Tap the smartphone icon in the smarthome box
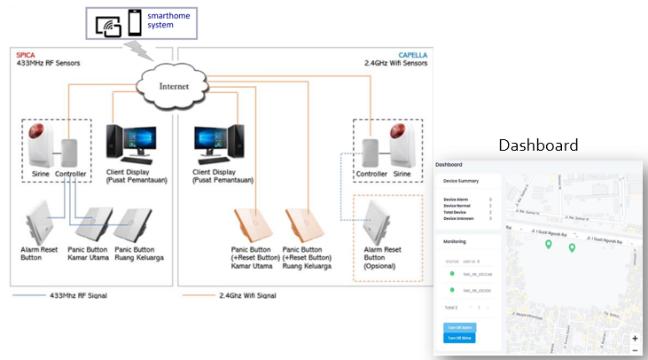(134, 23)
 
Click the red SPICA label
(25, 55)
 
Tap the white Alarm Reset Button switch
(41, 223)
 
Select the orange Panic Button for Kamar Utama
(249, 225)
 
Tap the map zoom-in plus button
(635, 338)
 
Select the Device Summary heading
(461, 181)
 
